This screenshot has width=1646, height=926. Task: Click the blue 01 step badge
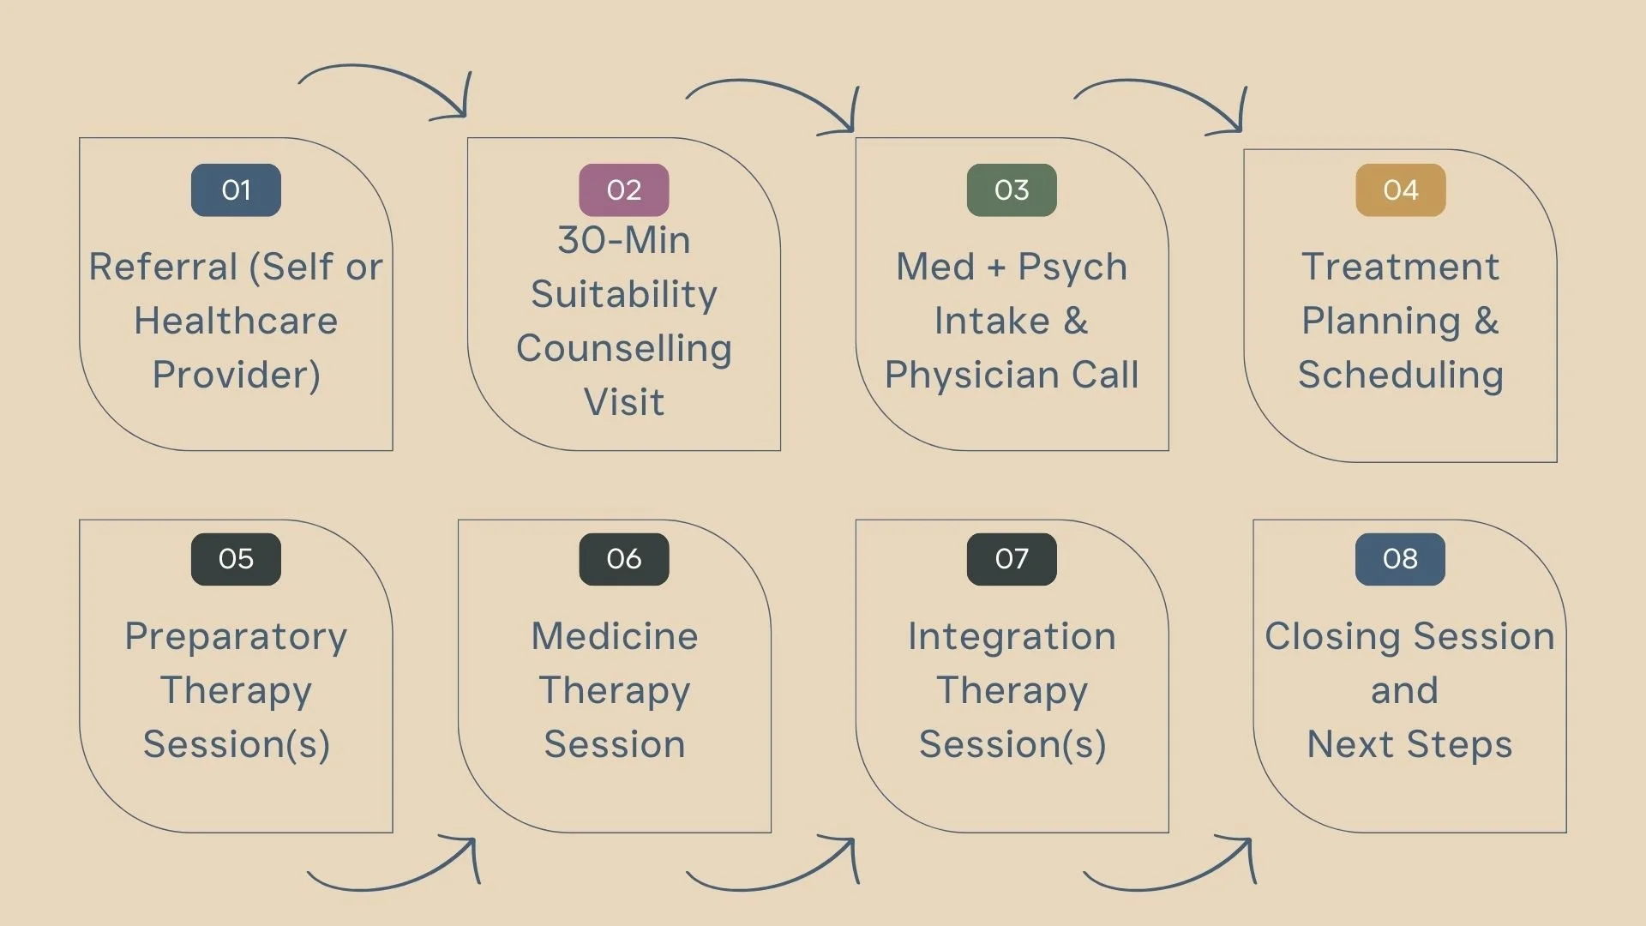tap(236, 189)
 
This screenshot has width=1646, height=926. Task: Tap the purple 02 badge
tap(624, 189)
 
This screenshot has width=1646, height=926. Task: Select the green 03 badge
tap(1012, 189)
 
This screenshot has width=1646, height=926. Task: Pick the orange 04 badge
tap(1401, 189)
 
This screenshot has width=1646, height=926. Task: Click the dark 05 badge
tap(236, 559)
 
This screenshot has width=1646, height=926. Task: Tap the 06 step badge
tap(624, 559)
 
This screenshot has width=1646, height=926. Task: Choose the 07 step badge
tap(1012, 559)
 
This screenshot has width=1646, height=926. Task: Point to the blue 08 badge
tap(1400, 559)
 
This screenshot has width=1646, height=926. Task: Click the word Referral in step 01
tap(163, 267)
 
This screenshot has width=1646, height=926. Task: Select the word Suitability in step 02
tap(624, 294)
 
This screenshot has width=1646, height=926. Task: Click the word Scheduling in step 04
tap(1401, 375)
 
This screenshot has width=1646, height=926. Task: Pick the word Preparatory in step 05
tap(236, 637)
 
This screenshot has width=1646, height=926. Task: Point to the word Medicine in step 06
tap(615, 636)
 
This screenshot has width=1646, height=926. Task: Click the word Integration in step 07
tap(1012, 636)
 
